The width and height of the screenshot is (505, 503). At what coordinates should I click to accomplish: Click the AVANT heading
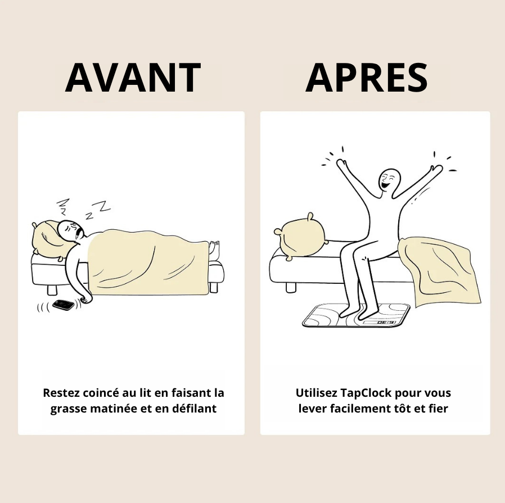pos(133,78)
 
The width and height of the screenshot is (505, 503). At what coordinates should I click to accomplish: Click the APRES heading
pos(367,78)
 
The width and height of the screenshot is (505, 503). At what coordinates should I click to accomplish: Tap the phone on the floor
pos(64,305)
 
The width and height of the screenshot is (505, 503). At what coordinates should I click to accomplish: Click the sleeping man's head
pos(71,230)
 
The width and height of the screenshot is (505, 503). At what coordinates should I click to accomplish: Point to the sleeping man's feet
pos(214,248)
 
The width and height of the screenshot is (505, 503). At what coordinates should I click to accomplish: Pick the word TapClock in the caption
pos(366,393)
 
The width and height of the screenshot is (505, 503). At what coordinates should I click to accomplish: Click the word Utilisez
pos(316,393)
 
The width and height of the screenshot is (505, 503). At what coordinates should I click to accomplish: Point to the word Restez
pos(61,393)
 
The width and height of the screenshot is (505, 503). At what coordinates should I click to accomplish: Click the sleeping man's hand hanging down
pos(85,298)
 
